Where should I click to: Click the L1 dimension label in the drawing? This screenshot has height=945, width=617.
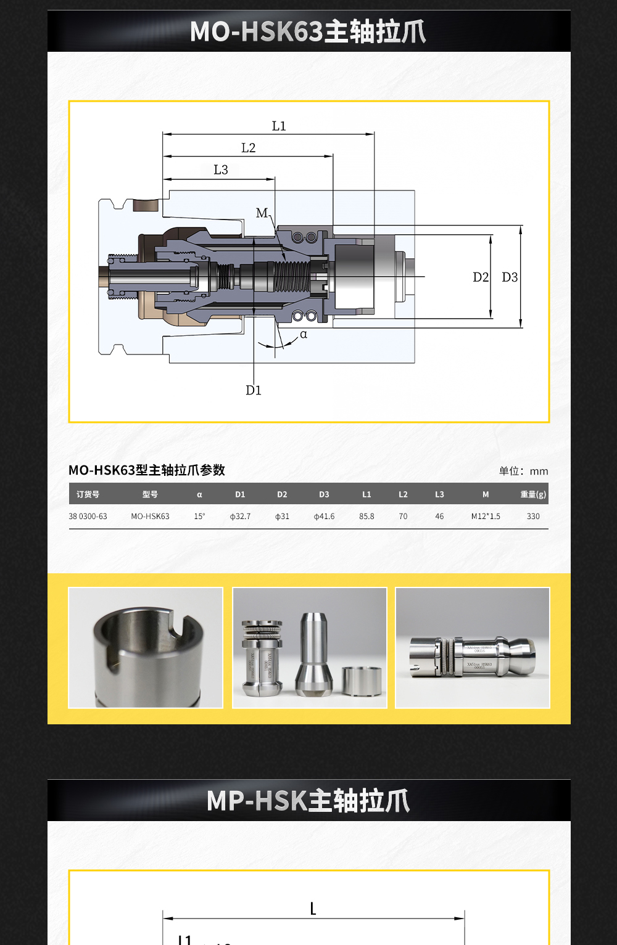[279, 126]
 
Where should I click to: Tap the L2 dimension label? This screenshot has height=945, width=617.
[248, 148]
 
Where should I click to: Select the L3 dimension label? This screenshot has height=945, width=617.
[220, 170]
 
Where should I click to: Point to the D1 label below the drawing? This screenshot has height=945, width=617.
[254, 390]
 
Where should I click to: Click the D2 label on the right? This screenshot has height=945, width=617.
[480, 277]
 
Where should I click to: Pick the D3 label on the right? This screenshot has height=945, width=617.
[510, 277]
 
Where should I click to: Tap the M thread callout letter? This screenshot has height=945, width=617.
[262, 213]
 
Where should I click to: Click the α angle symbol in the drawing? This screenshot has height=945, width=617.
[304, 335]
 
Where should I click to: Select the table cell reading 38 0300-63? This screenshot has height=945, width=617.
[88, 517]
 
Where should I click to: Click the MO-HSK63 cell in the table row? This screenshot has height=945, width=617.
[150, 517]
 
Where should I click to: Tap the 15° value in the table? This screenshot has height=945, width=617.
[199, 517]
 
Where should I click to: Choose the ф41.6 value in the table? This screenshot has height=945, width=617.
[324, 517]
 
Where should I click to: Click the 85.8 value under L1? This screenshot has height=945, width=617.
[366, 517]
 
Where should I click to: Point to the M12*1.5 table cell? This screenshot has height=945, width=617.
[486, 517]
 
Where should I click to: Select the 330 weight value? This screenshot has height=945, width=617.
[533, 517]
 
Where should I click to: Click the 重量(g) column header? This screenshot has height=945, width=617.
[533, 494]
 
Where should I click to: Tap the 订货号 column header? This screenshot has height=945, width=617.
[88, 494]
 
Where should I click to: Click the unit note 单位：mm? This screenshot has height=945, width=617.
[523, 472]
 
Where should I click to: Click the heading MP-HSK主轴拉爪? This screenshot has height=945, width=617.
[308, 801]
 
